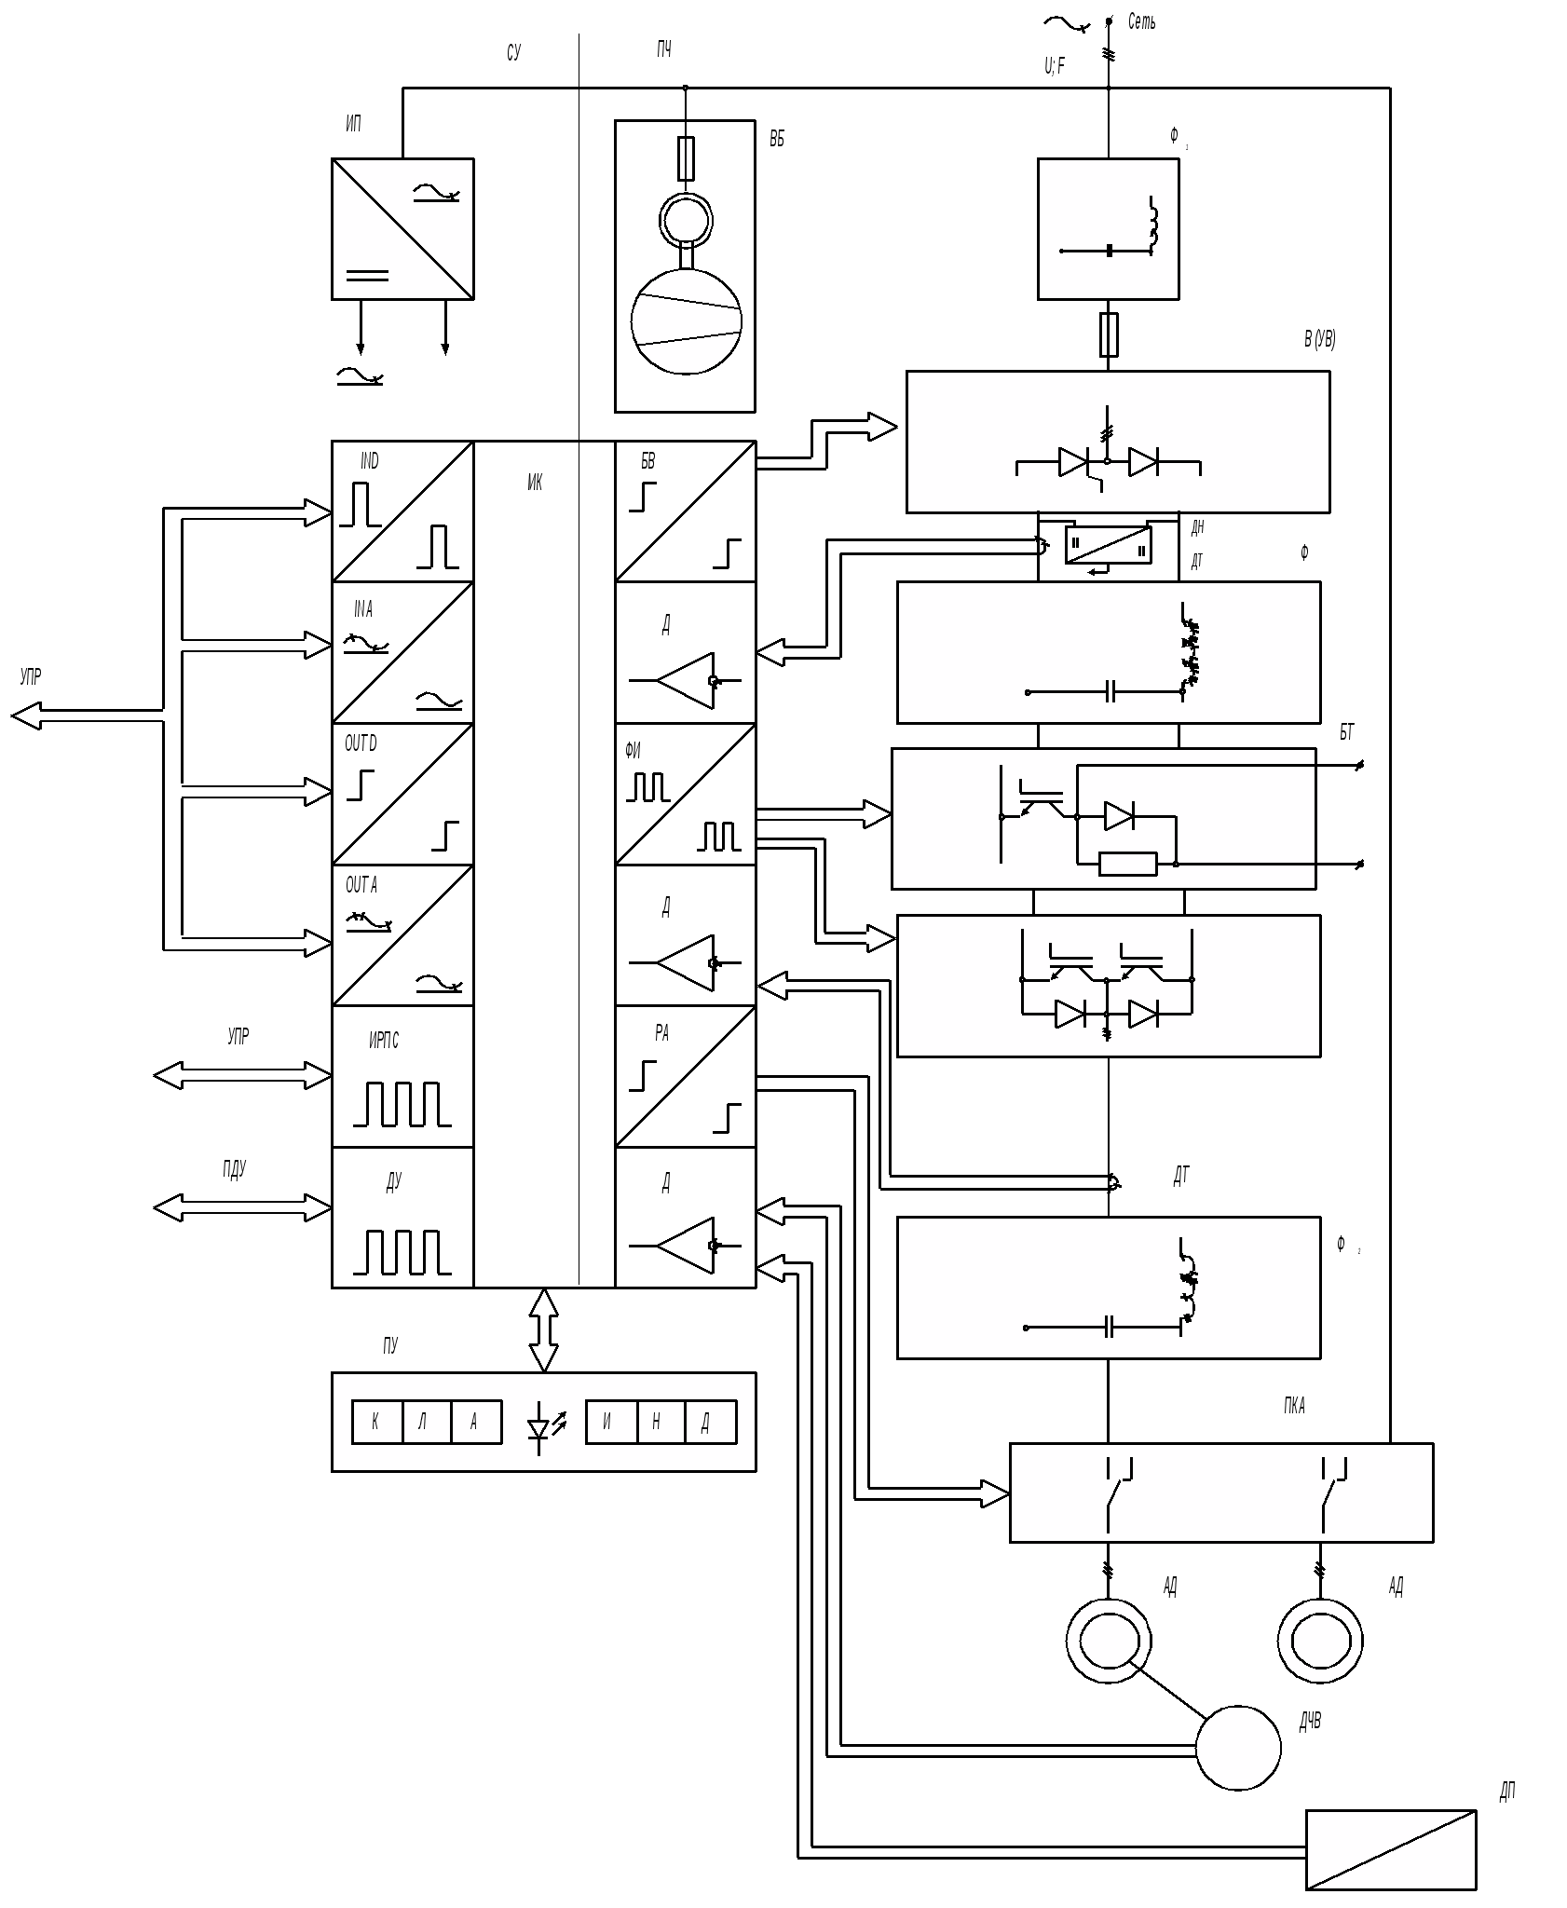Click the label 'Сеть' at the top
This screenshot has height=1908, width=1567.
tap(1141, 21)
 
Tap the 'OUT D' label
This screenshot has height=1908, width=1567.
tap(361, 743)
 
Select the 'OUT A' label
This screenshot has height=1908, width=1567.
tap(361, 884)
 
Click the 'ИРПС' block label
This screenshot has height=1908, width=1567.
tap(384, 1041)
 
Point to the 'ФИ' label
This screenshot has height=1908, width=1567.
tap(634, 750)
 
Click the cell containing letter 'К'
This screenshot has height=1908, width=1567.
tap(376, 1422)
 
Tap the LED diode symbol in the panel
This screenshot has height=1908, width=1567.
tap(540, 1427)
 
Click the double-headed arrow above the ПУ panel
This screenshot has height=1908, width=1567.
tap(544, 1329)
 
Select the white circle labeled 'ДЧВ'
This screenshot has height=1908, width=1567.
tap(1237, 1748)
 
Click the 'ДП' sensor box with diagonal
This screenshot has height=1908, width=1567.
tap(1390, 1848)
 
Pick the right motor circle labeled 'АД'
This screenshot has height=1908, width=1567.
tap(1320, 1641)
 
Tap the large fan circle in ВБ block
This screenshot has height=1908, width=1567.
tap(687, 321)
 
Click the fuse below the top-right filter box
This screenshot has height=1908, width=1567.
tap(1109, 335)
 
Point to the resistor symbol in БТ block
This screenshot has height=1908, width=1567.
tap(1127, 864)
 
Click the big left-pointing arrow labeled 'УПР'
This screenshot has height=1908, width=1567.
tap(28, 716)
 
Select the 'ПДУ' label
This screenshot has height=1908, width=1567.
tap(234, 1169)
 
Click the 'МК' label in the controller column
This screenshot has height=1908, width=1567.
tap(535, 482)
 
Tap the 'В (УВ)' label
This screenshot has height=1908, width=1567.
tap(1320, 339)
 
